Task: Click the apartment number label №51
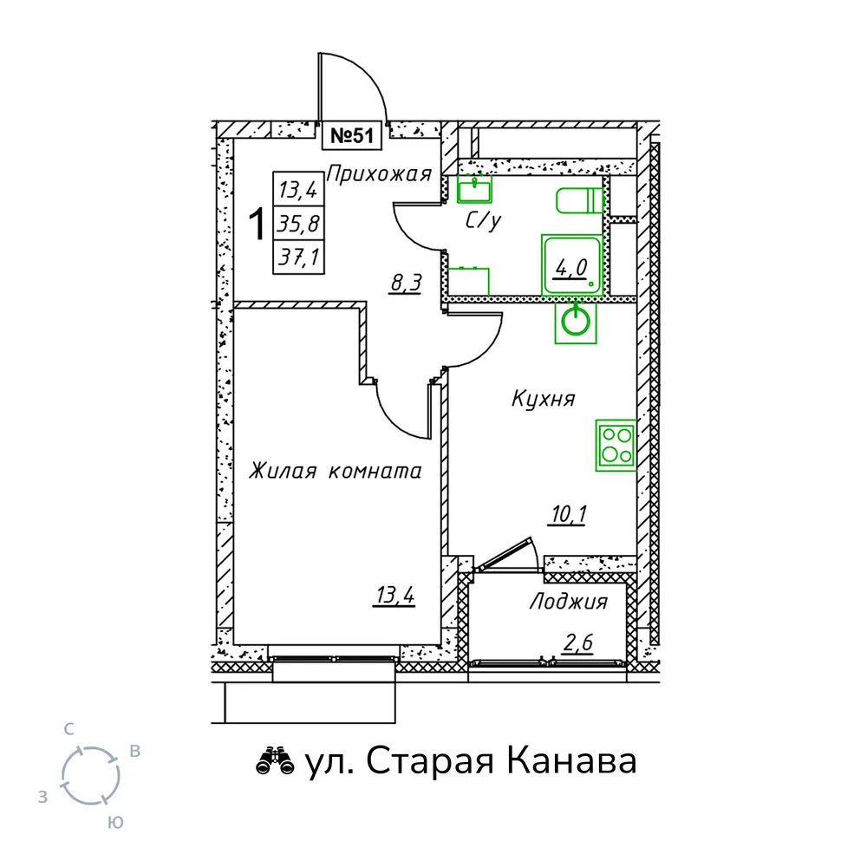point(352,136)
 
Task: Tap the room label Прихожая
point(380,174)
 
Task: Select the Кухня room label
point(543,399)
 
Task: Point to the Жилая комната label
point(335,471)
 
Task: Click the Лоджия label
point(569,602)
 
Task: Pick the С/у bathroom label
point(483,220)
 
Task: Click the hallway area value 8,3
point(406,284)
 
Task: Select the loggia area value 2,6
point(577,643)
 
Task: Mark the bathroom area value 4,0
point(570,269)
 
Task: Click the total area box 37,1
point(298,257)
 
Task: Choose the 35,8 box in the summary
point(298,224)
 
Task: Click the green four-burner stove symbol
point(616,445)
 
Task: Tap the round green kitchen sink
point(576,323)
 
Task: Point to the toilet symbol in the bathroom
point(579,201)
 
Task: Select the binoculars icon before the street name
point(275,761)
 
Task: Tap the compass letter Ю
point(115,823)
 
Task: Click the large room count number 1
point(257,224)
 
